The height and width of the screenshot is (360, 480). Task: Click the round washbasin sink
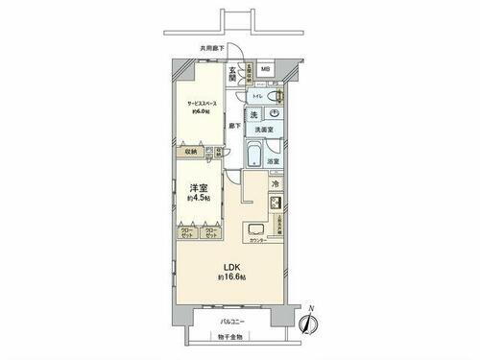coord(275,113)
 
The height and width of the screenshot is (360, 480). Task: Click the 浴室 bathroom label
coord(274,161)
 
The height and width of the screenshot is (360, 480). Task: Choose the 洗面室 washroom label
coord(266,131)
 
